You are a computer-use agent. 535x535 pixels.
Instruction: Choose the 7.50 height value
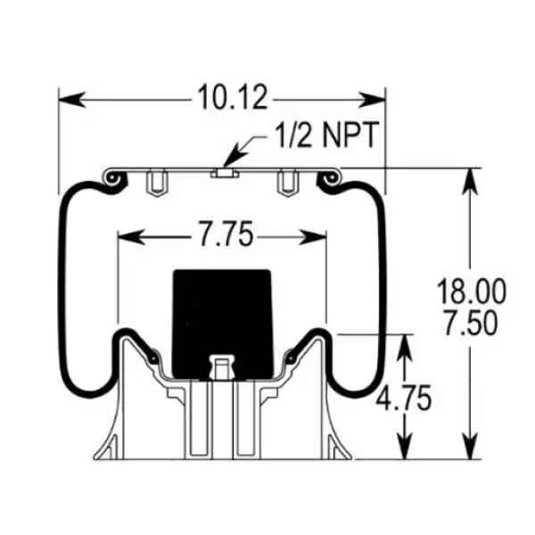coord(471,322)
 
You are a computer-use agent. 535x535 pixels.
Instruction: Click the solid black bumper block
coord(221,317)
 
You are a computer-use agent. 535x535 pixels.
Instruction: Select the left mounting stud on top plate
coord(155,183)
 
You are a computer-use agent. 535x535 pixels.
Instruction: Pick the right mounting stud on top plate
coord(287,183)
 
